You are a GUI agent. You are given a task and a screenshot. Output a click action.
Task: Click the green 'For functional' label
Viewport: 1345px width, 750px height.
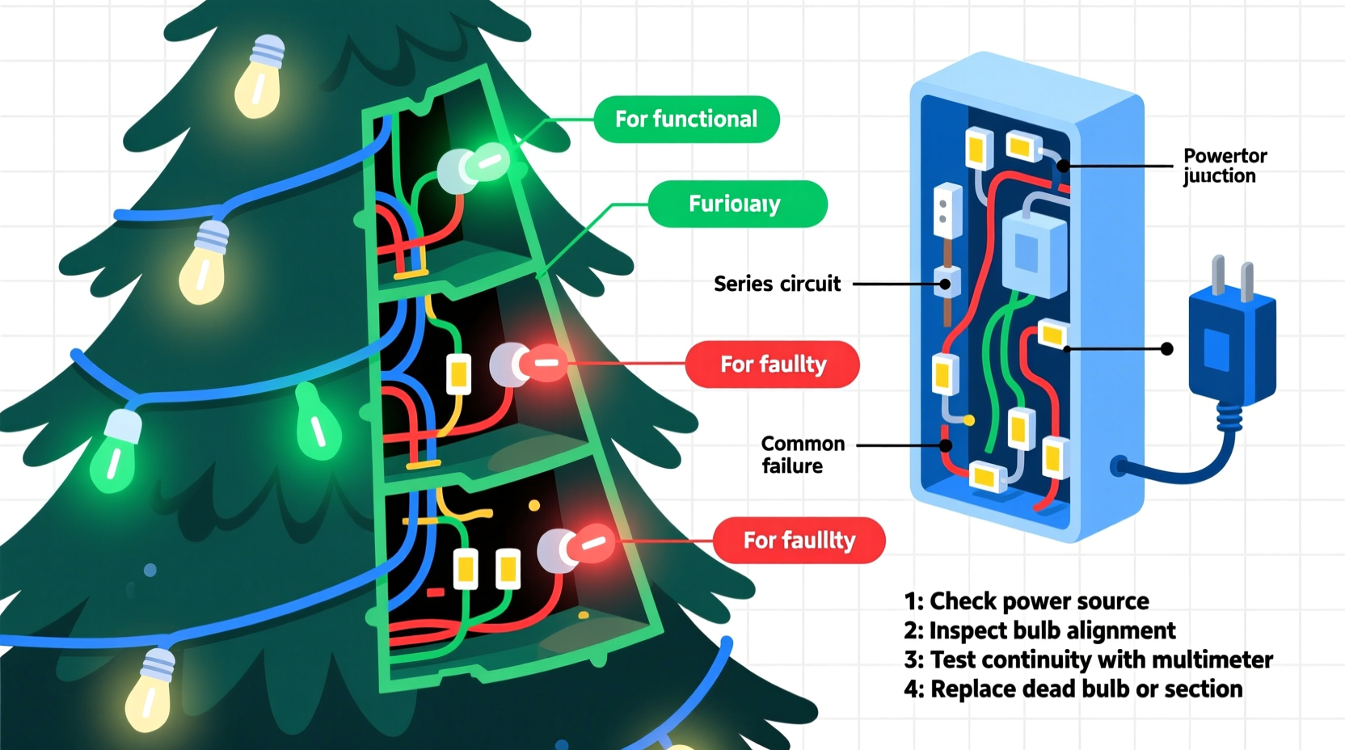(x=686, y=120)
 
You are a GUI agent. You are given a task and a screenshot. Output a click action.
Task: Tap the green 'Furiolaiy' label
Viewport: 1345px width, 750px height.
(x=736, y=204)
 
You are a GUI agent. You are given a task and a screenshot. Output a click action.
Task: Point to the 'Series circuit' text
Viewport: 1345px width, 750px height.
(x=777, y=284)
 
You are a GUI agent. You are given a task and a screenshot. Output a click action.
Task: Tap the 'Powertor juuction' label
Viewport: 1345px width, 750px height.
(x=1224, y=166)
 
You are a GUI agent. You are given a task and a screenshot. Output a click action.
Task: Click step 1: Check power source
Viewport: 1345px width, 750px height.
(x=1026, y=601)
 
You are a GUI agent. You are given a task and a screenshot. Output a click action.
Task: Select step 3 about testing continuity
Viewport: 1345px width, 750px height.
(x=1087, y=659)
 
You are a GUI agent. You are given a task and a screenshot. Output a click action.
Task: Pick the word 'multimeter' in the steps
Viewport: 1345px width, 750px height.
(x=1212, y=659)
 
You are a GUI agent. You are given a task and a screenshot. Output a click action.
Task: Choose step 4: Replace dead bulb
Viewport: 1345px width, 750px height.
(x=1073, y=689)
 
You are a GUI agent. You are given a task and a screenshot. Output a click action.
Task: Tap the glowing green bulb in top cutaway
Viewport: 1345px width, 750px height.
(x=484, y=164)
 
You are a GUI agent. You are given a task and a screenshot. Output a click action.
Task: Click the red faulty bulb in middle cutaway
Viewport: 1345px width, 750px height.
(x=540, y=364)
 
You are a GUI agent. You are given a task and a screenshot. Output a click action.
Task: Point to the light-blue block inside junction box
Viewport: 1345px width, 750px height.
(x=1034, y=253)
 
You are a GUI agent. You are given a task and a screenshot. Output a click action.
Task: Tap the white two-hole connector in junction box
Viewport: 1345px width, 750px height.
(x=947, y=209)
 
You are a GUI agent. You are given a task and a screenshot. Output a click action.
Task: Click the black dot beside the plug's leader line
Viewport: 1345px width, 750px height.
(x=1166, y=348)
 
